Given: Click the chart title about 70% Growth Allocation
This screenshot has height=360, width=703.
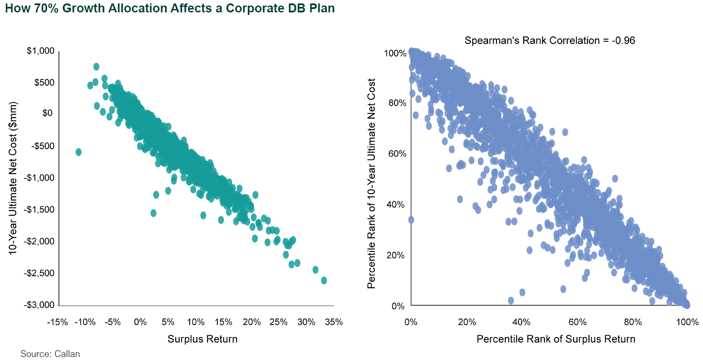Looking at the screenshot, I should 170,9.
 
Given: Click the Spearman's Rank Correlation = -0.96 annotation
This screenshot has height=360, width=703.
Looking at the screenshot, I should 550,41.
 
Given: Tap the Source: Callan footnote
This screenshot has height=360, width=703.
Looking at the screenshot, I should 50,354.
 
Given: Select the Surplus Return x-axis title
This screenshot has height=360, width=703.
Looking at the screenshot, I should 202,339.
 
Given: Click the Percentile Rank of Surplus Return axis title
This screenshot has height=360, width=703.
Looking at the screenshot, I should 556,339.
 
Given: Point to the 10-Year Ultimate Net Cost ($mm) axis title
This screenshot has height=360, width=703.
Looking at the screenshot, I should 13,178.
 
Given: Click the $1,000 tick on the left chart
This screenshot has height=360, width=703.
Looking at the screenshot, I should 41,51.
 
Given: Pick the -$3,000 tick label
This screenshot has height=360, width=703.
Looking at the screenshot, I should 39,305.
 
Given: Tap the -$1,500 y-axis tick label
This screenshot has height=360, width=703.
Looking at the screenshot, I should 39,210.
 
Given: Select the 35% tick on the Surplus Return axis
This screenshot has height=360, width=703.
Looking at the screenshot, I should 334,322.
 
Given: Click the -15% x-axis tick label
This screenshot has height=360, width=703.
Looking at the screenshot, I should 57,322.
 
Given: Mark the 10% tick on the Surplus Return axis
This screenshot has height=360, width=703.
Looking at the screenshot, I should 196,322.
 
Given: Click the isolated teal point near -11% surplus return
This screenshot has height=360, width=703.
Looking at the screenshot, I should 79,152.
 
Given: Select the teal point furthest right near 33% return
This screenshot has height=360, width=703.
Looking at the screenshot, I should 324,280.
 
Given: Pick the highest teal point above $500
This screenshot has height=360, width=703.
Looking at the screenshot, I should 97,67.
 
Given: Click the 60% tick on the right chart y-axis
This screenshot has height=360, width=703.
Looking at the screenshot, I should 397,154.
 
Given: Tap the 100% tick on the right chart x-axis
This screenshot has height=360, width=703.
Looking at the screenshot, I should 687,322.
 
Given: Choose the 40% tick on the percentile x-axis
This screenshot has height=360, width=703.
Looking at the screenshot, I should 521,322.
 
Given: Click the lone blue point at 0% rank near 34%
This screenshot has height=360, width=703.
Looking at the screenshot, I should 411,220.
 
